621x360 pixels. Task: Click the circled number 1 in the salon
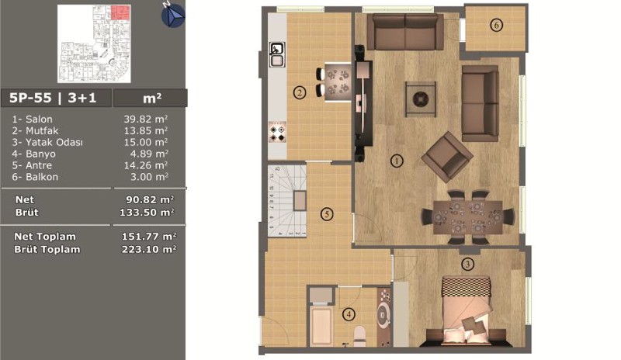[397, 161]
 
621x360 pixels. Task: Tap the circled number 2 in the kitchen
[300, 92]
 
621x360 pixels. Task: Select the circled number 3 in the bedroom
[468, 264]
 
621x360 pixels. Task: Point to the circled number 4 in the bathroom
[349, 315]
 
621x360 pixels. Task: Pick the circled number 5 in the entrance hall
[327, 214]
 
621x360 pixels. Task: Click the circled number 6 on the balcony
[496, 26]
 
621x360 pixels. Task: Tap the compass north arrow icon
[172, 15]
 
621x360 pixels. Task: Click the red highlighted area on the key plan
[120, 12]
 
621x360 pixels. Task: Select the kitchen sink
[277, 54]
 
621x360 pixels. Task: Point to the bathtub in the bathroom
[321, 326]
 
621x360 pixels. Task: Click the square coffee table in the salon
[421, 99]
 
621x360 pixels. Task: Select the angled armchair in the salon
[447, 157]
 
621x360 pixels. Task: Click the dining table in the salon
[468, 217]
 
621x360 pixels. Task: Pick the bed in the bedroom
[467, 311]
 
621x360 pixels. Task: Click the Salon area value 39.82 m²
[145, 119]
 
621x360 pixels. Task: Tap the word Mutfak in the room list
[42, 130]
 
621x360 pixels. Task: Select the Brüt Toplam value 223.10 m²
[148, 249]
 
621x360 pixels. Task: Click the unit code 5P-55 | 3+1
[53, 98]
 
